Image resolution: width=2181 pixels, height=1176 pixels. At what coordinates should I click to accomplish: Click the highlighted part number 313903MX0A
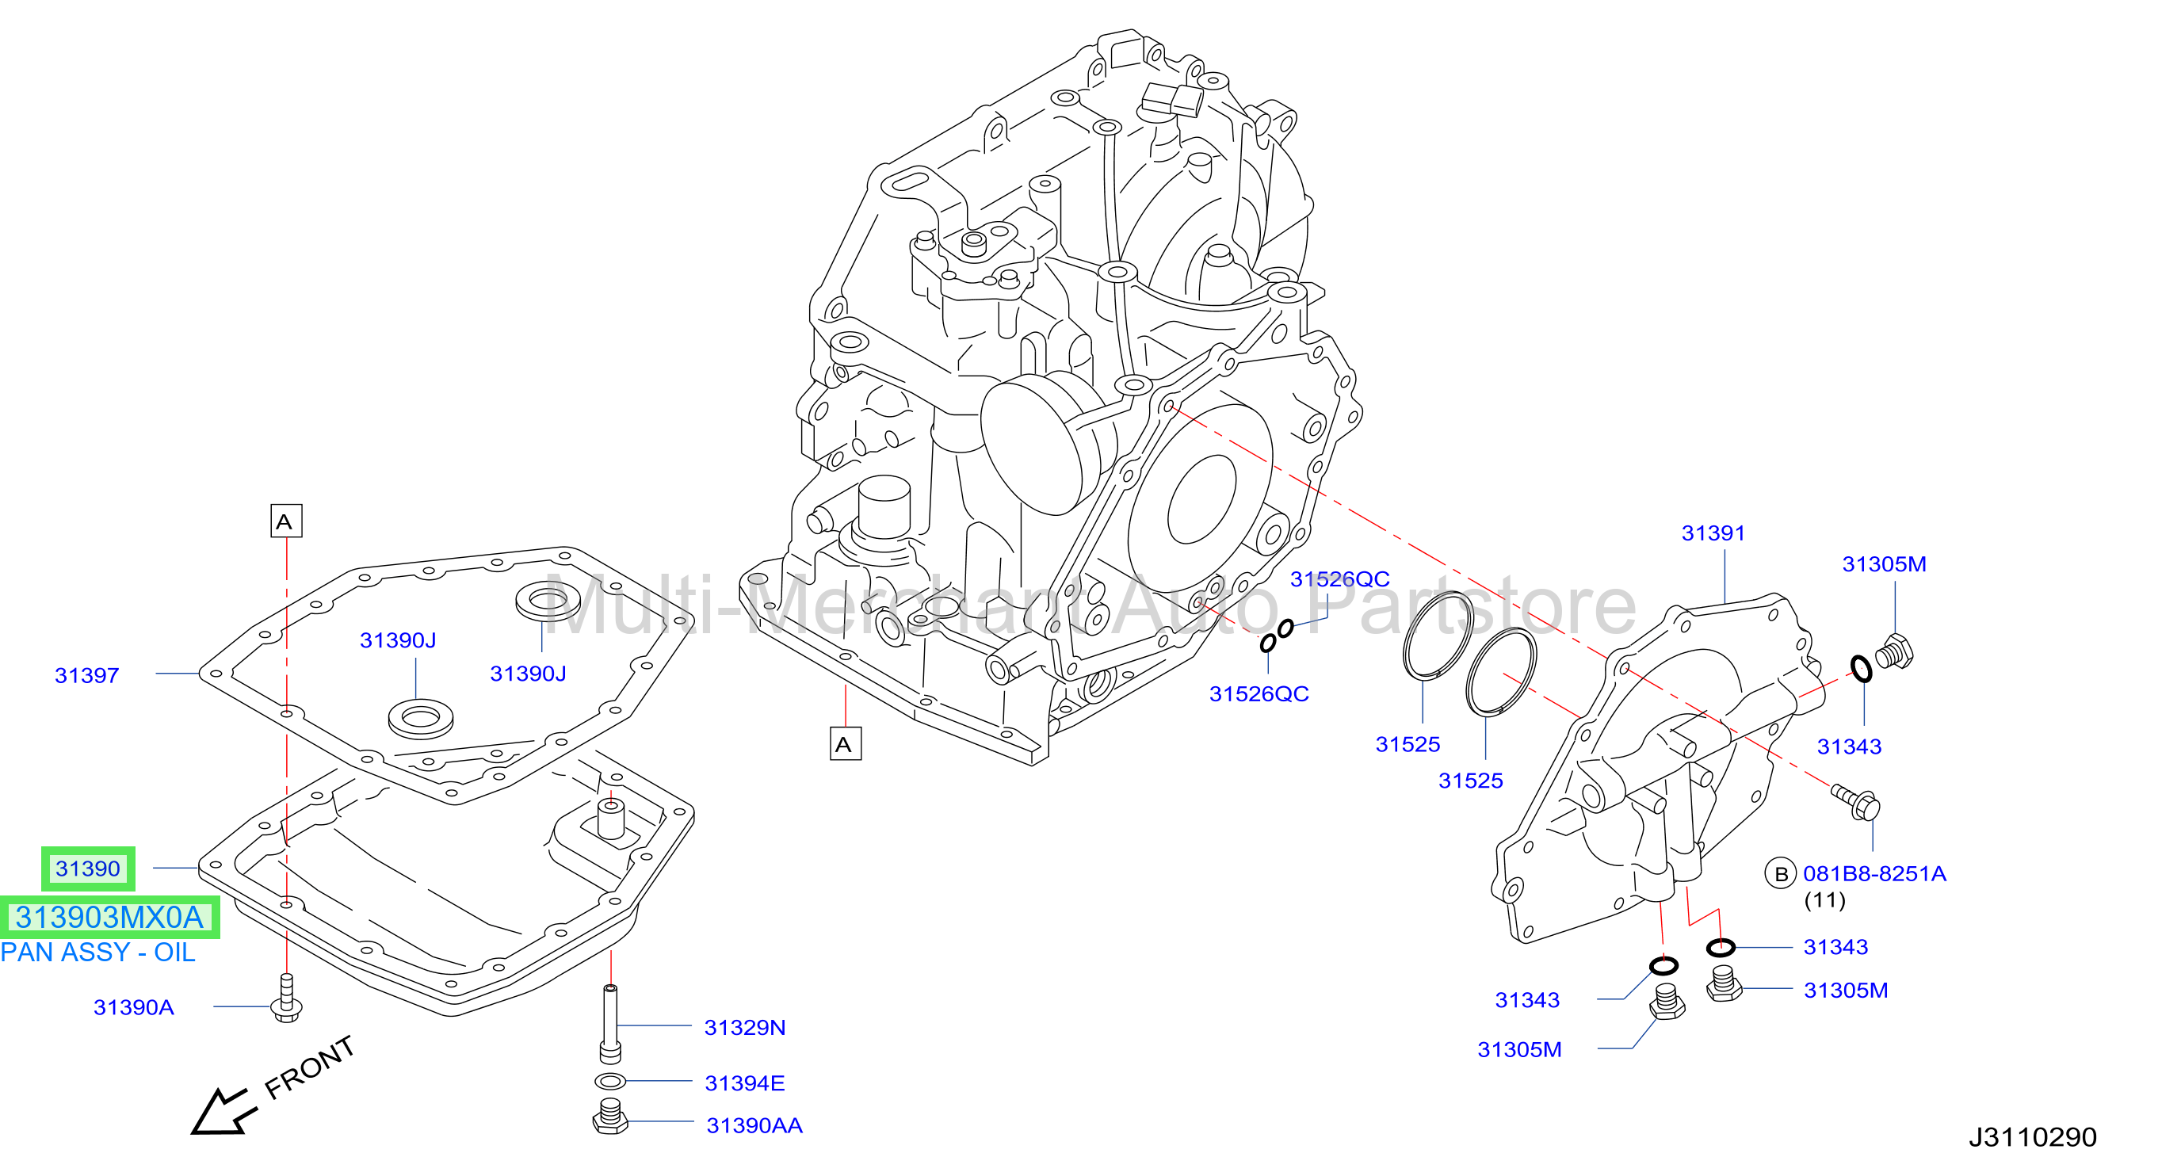click(109, 917)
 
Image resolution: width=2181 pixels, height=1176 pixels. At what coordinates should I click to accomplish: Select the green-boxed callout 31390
click(88, 869)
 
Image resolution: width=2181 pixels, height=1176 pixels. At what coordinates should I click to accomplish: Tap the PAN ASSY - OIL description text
click(98, 953)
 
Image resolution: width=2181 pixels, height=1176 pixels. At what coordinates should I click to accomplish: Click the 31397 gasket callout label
click(86, 676)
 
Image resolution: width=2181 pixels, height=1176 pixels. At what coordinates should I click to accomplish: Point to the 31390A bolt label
click(134, 1007)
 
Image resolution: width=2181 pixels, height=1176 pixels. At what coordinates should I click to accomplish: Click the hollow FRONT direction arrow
click(223, 1112)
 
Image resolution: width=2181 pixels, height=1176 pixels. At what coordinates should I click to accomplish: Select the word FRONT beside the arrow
click(309, 1067)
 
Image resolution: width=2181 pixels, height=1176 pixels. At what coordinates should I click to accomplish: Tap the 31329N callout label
click(745, 1028)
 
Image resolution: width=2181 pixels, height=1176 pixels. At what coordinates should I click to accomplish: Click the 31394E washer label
click(745, 1084)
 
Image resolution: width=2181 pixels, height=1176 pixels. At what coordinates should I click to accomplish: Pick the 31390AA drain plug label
click(754, 1126)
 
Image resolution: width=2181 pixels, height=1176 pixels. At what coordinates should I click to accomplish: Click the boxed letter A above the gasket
click(286, 521)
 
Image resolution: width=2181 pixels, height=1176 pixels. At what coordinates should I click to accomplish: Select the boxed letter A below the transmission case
click(845, 743)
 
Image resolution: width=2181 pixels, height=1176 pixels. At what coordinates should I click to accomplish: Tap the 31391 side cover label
click(1713, 533)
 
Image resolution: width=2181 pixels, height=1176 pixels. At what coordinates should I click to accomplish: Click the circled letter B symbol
click(1781, 874)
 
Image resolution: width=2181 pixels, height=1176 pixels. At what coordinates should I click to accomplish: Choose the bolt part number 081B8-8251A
click(1874, 874)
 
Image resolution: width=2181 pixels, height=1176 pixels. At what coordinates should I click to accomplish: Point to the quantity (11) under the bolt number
click(1824, 900)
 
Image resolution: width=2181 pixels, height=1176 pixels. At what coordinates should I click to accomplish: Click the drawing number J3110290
click(2033, 1137)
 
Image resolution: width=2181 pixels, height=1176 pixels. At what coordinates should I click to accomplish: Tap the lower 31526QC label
click(1259, 694)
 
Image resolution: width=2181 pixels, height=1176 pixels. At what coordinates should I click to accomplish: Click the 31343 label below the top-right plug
click(1849, 746)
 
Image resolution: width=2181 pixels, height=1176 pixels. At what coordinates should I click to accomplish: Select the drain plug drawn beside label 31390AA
click(609, 1116)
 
